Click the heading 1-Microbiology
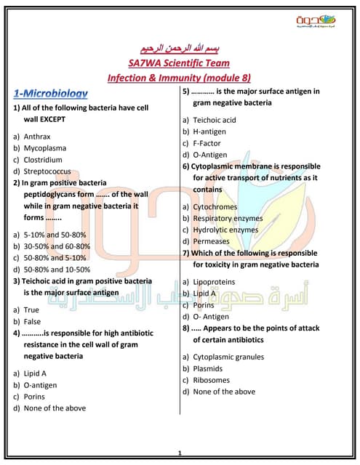tap(51, 93)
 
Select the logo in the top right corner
tap(322, 24)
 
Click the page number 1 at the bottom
tap(179, 453)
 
